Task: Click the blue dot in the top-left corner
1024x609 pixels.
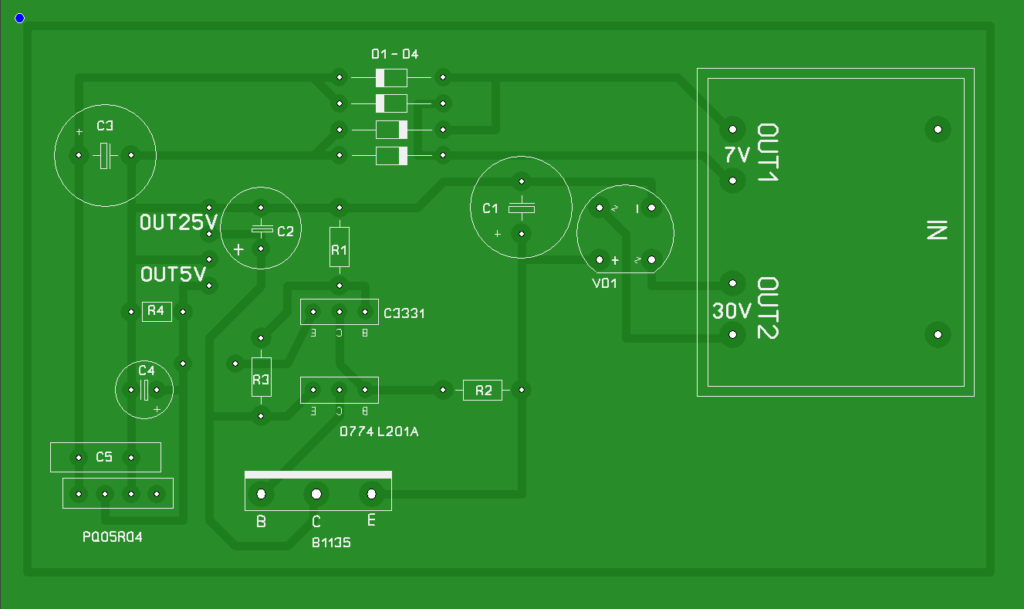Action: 19,18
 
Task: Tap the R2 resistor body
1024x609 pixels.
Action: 483,391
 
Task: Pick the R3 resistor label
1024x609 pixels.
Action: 261,380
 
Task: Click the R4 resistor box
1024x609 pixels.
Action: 157,311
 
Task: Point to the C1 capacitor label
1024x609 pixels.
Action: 491,208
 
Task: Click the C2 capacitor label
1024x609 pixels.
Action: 286,231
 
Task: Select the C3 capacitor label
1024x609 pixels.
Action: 106,126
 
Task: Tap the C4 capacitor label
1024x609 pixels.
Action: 147,370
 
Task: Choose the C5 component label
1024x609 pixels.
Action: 104,458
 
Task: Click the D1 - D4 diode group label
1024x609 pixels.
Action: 394,54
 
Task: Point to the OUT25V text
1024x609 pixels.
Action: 178,223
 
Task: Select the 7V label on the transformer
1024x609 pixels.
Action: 737,155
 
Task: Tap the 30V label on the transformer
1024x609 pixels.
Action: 732,312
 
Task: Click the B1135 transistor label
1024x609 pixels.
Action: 331,543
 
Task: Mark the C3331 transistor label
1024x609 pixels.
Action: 404,313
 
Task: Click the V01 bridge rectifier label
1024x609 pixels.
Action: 604,283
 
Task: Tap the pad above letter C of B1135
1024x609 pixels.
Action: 316,494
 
